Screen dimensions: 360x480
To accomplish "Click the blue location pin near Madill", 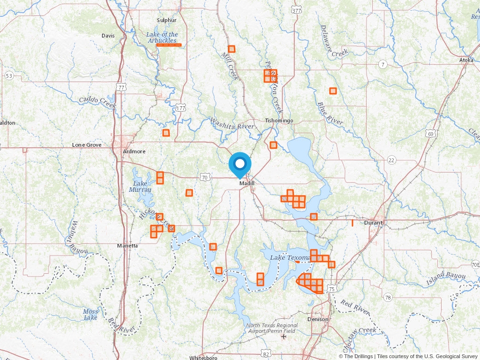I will tap(240, 165).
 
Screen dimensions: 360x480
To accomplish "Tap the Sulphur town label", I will tap(167, 20).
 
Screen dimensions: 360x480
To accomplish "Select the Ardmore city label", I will tap(134, 151).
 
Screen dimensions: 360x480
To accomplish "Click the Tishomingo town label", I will tap(279, 120).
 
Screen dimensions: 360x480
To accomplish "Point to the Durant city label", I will tap(374, 223).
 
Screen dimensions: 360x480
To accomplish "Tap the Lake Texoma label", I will tap(290, 258).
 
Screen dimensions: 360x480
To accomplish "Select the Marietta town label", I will tap(127, 246).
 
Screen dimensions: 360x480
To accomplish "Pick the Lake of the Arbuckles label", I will tap(162, 37).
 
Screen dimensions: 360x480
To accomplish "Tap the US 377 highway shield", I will tap(296, 10).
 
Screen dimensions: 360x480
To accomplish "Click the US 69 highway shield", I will tap(431, 134).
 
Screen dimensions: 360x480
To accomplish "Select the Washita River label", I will tap(232, 123).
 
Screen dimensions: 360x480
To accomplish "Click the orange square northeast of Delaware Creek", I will tap(333, 90).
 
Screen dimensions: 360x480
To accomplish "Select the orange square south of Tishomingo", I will tap(273, 145).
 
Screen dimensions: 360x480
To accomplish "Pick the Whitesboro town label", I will tap(203, 358).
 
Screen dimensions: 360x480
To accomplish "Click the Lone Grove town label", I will tap(87, 145).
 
